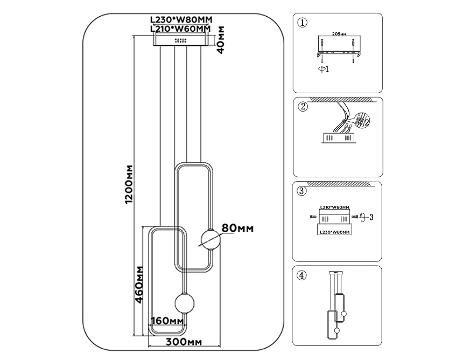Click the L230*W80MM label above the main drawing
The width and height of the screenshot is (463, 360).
click(181, 19)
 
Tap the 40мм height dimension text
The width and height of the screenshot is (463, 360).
click(221, 41)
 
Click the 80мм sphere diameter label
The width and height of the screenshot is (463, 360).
click(237, 229)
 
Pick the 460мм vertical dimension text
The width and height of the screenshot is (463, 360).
click(138, 285)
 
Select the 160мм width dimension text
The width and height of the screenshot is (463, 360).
click(167, 321)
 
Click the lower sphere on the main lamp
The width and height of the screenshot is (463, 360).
click(183, 303)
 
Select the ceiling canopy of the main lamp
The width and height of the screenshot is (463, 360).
click(181, 40)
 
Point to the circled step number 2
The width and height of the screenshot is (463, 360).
click(303, 106)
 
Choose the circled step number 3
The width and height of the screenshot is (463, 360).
click(303, 191)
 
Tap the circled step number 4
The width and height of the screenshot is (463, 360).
click(303, 275)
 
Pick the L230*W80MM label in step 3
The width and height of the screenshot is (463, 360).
click(334, 232)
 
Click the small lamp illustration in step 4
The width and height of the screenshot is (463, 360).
click(336, 307)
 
